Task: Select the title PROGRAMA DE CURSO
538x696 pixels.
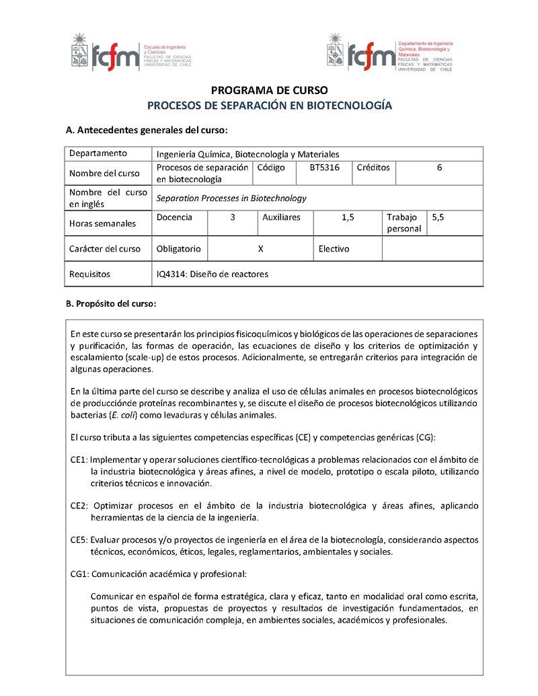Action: point(269,90)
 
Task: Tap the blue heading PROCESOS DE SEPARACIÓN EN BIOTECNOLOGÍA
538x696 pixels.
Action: point(269,106)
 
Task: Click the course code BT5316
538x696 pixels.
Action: point(324,167)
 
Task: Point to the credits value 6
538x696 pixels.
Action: point(439,167)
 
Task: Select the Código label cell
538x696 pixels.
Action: point(271,167)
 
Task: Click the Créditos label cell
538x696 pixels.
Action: point(373,167)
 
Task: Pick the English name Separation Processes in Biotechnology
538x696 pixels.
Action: point(231,198)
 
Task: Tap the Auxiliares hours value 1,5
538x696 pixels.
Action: point(348,217)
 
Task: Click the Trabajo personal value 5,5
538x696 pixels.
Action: point(438,217)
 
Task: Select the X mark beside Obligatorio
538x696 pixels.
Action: point(260,249)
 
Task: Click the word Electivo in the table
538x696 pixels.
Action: point(334,249)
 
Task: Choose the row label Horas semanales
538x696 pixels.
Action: point(102,223)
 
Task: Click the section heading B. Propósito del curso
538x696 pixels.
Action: point(111,304)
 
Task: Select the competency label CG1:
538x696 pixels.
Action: point(79,574)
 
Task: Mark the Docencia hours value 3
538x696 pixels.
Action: point(233,217)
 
